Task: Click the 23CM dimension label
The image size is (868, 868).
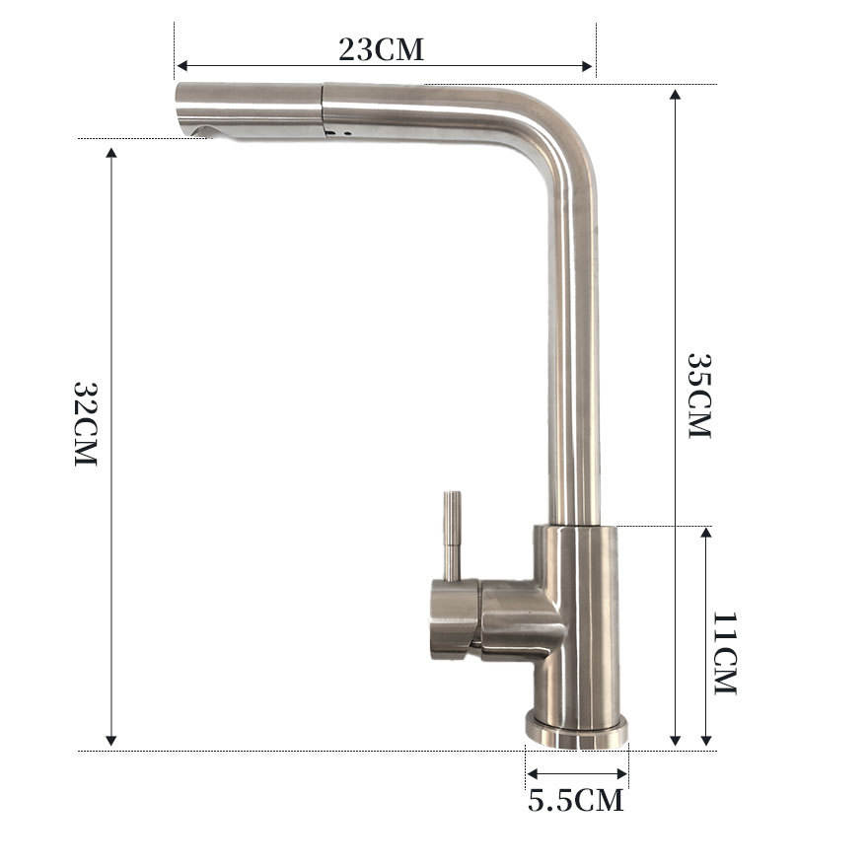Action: point(381,49)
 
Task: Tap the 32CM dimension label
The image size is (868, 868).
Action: point(86,423)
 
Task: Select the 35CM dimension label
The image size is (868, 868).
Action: point(698,396)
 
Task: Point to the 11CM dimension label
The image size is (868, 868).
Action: point(725,653)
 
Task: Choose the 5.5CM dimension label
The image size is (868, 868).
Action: point(576,800)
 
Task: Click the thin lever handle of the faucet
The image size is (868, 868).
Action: point(453,536)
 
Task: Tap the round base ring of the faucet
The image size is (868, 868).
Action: point(576,731)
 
